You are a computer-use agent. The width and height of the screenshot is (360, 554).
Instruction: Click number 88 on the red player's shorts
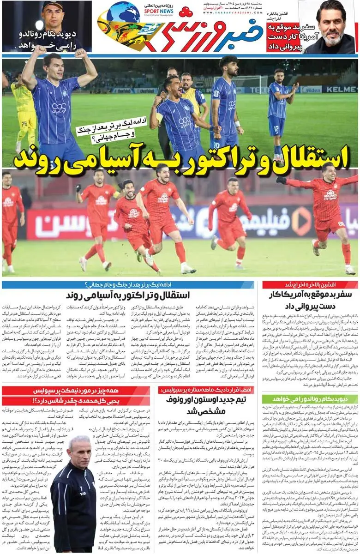click(x=340, y=223)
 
